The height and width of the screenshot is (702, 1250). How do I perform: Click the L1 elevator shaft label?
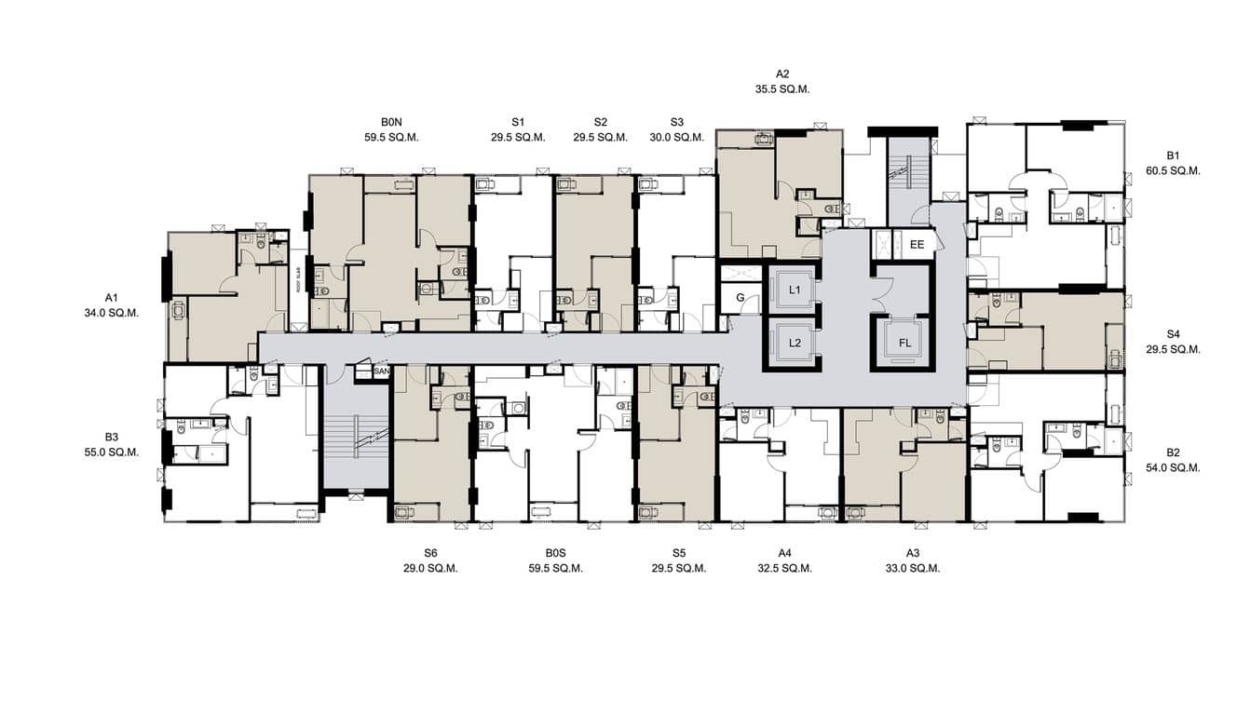tap(795, 290)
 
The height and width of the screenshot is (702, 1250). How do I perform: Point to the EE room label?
tap(917, 245)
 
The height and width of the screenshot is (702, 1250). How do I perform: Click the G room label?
tap(740, 298)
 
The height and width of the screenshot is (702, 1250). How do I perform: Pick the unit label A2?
tap(782, 74)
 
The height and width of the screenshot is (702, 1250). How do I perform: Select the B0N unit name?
tap(391, 121)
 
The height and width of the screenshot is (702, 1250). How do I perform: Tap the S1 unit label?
tap(518, 121)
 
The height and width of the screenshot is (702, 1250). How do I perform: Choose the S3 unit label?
tap(677, 121)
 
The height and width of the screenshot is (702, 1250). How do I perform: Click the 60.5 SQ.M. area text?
tap(1173, 170)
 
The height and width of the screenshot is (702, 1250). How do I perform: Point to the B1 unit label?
tap(1173, 155)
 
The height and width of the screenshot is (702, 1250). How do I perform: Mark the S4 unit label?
tap(1173, 333)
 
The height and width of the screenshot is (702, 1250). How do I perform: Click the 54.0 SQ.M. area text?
tap(1173, 468)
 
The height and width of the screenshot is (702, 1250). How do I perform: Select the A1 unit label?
tap(111, 297)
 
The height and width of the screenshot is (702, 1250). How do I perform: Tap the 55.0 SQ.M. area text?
tap(111, 452)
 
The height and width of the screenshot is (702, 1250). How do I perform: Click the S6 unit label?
tap(430, 552)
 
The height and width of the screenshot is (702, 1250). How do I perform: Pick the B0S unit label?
tap(555, 552)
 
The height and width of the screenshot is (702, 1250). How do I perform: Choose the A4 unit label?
tap(784, 552)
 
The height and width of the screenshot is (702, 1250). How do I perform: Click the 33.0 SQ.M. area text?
tap(912, 568)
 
